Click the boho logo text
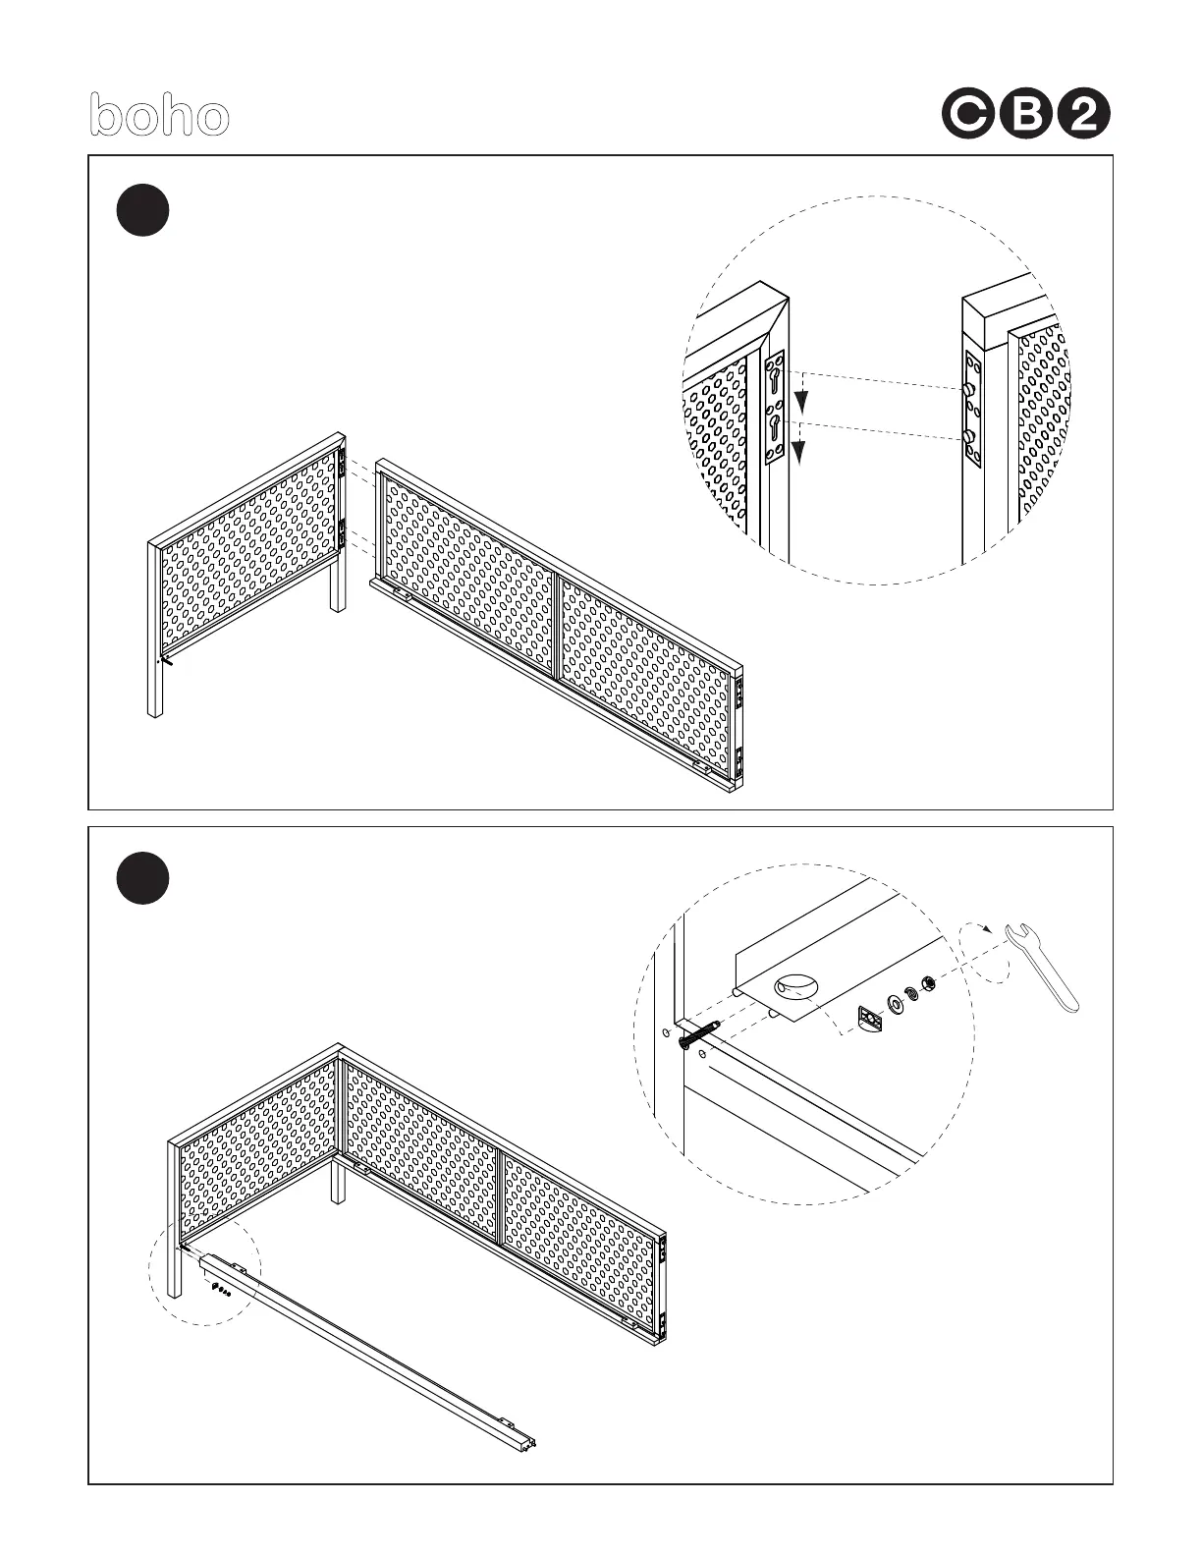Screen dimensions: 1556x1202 (x=159, y=116)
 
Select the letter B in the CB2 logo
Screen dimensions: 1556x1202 (x=1026, y=116)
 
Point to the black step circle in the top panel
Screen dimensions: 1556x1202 (x=142, y=211)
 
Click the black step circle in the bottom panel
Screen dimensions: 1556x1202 (x=142, y=879)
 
